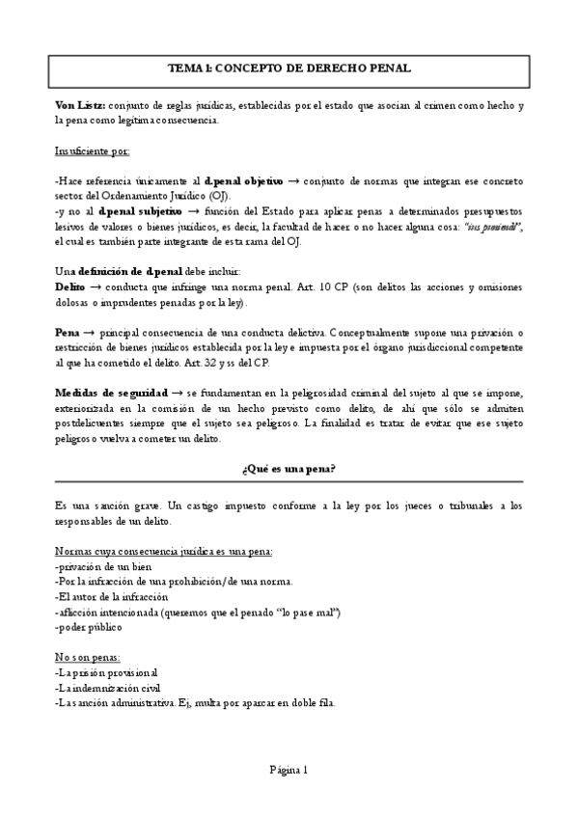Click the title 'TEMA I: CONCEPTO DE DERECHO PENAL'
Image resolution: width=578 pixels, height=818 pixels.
[x=289, y=68]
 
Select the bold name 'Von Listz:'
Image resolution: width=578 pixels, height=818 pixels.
[x=80, y=104]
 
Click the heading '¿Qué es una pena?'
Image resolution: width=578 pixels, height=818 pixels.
[x=289, y=469]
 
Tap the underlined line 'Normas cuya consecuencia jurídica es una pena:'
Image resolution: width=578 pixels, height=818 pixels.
[x=163, y=552]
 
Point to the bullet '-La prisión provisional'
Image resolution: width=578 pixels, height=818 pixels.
[x=107, y=672]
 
